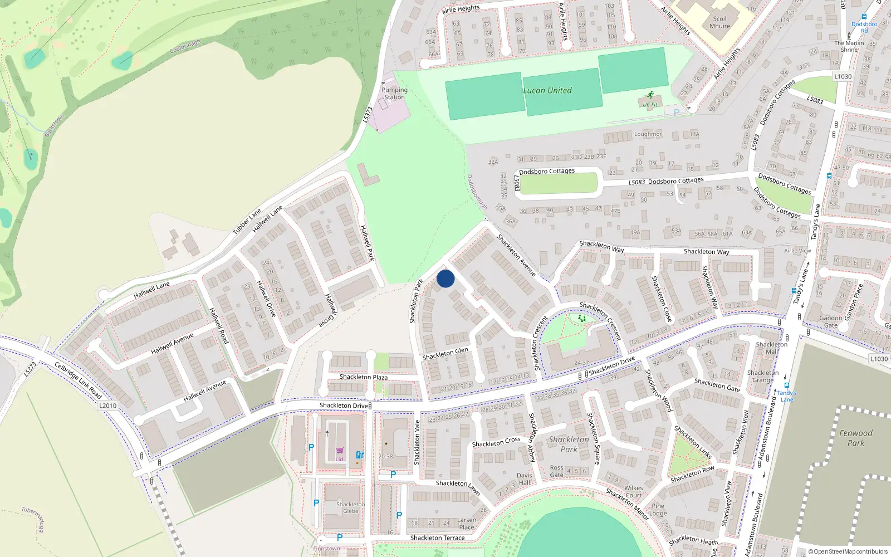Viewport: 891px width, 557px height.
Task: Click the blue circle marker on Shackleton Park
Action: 445,278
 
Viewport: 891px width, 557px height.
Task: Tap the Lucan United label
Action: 547,90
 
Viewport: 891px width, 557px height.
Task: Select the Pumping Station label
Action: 394,94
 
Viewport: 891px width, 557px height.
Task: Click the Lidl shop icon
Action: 340,451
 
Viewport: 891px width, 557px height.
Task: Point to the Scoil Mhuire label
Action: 719,22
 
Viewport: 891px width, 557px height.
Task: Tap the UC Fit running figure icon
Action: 650,95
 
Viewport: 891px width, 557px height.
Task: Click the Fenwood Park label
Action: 856,438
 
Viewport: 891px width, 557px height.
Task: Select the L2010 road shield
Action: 108,405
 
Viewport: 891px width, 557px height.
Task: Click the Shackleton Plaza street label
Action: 364,377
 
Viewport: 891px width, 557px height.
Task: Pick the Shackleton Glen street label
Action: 445,354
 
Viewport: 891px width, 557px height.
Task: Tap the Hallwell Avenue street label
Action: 172,344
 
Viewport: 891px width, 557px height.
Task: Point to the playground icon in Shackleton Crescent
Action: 582,319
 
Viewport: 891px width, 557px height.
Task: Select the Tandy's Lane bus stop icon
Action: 786,385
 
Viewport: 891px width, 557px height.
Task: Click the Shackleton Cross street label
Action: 496,442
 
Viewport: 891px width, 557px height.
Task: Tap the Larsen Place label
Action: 467,524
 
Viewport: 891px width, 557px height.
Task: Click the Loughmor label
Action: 648,134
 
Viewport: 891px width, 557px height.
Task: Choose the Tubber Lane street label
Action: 247,221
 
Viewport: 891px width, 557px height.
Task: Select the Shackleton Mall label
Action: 771,348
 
